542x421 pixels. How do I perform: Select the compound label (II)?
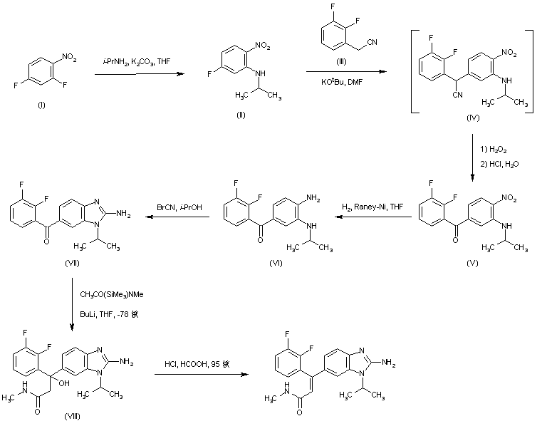pyautogui.click(x=240, y=115)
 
